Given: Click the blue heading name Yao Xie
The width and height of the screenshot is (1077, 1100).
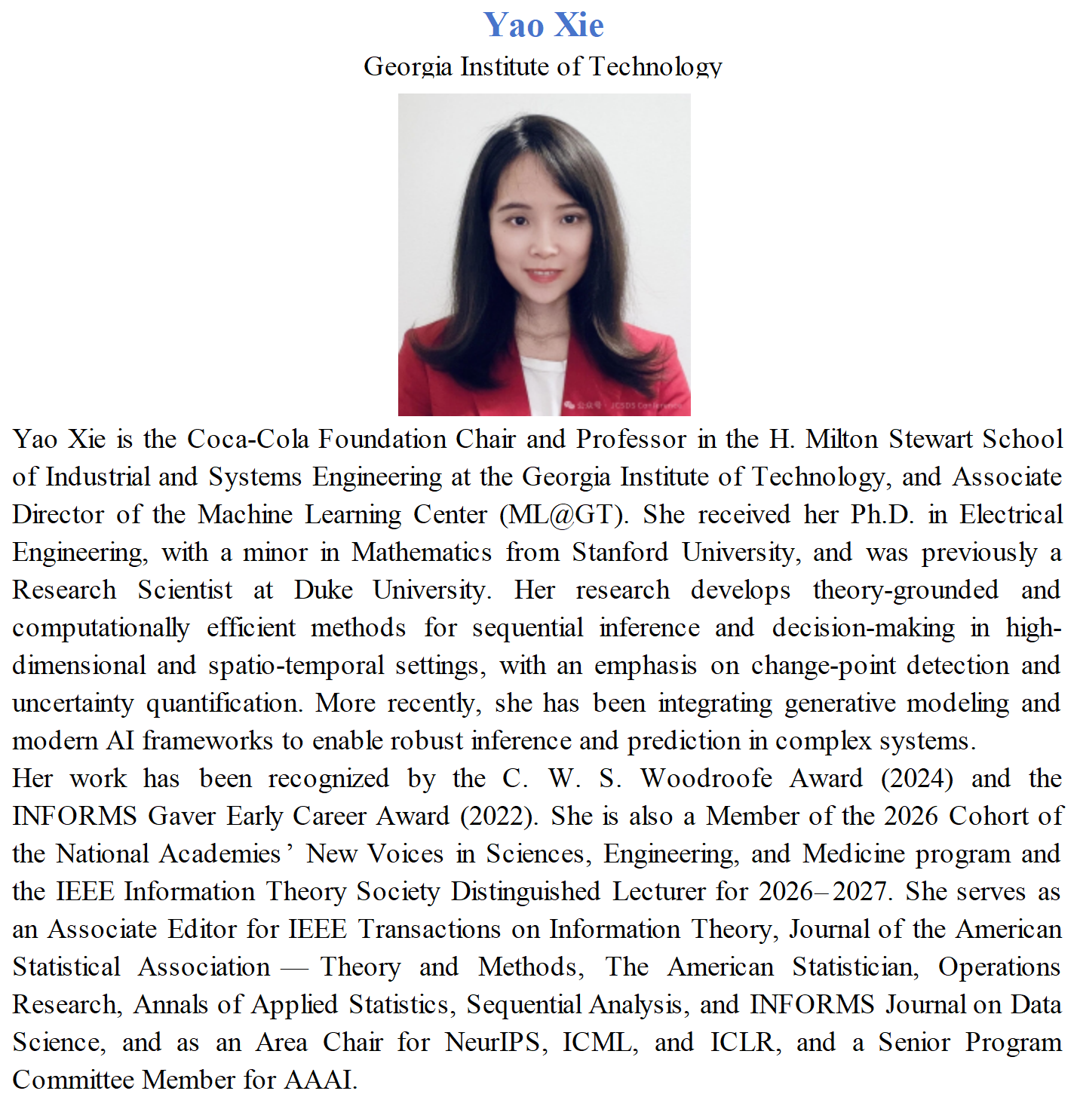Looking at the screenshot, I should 543,26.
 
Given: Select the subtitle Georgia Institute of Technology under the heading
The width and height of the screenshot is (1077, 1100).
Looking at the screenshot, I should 543,67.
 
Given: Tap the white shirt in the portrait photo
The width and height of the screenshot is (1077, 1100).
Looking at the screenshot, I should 542,385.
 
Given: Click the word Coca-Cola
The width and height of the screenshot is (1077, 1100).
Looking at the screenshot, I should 248,439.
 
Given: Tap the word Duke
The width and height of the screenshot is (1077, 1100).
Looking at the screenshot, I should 323,590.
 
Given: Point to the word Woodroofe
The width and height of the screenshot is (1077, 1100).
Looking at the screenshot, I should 707,778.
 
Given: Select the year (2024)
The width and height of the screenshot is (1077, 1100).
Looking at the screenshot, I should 916,778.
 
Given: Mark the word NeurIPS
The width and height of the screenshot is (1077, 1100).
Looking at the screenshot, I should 492,1042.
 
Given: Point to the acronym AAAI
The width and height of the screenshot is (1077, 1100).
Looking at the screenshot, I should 319,1080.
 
